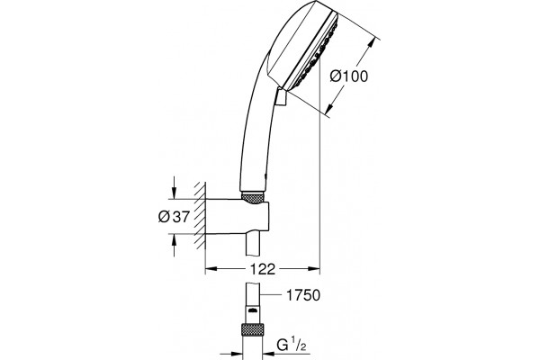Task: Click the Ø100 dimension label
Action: pos(349,76)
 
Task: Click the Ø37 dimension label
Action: pos(174,217)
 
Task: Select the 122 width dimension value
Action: pos(263,269)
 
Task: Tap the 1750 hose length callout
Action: pos(303,295)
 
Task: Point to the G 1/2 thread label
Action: pos(292,345)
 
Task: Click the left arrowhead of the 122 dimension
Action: pos(211,268)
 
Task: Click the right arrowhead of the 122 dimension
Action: pos(314,268)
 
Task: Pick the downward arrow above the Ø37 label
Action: pos(175,188)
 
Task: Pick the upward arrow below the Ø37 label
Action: pos(175,246)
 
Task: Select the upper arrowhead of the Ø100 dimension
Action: pos(371,45)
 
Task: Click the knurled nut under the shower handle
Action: pos(253,198)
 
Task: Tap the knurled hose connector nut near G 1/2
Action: pos(252,329)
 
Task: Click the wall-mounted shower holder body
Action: pos(237,216)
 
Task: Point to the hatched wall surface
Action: pos(200,216)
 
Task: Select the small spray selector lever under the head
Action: pos(281,97)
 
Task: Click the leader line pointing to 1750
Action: pos(272,295)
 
